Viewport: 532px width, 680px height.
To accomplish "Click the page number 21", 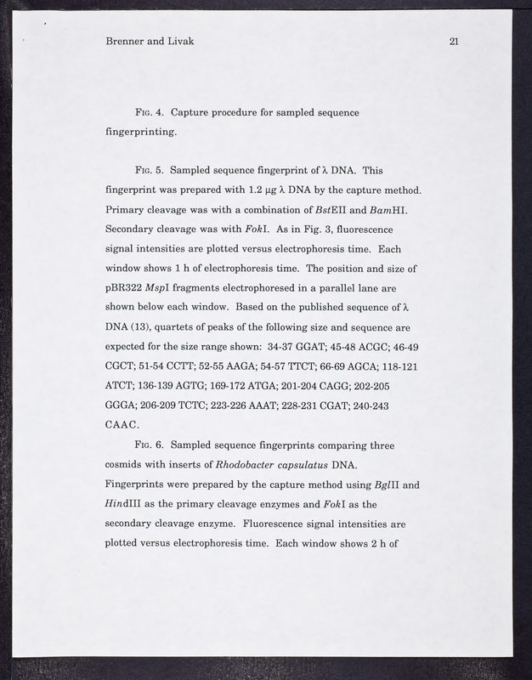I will pyautogui.click(x=453, y=42).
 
